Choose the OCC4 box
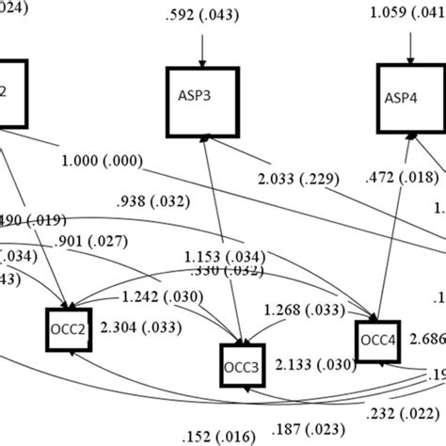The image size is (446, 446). point(378,340)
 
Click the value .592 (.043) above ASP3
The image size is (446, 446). point(200,14)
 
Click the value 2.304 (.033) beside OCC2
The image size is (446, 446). point(133,328)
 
